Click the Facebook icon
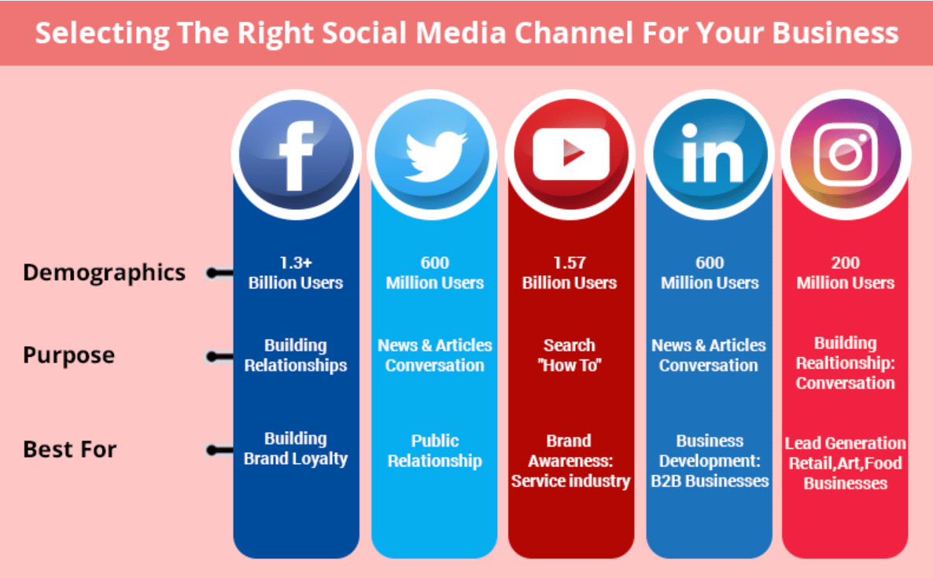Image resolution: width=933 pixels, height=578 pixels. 297,155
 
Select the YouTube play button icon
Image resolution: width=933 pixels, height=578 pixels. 571,155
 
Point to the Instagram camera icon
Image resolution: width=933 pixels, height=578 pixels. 846,155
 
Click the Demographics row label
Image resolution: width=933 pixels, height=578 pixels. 104,273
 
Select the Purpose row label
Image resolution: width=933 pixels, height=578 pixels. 69,355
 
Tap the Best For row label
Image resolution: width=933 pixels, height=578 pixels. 69,449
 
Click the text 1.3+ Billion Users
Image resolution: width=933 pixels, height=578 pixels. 296,273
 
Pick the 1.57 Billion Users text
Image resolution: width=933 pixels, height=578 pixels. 570,273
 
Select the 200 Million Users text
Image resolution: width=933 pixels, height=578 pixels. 846,273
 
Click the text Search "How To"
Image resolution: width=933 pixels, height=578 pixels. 570,355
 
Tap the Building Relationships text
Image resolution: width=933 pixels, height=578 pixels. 296,355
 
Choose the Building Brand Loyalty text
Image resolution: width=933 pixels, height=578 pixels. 296,448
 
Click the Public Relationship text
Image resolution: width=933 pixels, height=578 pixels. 435,451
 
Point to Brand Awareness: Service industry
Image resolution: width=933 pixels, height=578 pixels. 570,461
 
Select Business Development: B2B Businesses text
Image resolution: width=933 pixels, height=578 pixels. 710,461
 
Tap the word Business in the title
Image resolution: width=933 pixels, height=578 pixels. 835,33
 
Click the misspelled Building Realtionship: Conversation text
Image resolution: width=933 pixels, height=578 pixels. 846,363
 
